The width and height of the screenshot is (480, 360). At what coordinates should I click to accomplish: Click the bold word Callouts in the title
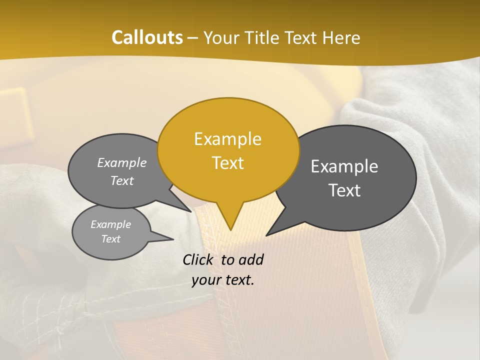147,37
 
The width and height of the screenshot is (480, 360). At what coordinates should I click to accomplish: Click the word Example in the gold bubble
228,139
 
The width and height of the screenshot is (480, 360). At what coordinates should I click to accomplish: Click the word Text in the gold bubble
228,163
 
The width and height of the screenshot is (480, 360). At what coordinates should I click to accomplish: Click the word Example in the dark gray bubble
344,166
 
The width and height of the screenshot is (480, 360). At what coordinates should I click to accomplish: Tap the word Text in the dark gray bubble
344,190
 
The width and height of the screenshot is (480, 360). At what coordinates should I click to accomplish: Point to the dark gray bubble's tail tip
266,235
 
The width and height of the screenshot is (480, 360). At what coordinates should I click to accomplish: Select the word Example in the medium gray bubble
122,162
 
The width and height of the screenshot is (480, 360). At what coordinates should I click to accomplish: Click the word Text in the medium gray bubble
122,181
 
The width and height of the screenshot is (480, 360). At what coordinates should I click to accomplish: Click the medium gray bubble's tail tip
191,211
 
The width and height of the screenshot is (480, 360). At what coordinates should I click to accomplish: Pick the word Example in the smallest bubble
111,224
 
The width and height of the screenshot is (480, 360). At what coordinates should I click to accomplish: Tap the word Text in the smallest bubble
111,239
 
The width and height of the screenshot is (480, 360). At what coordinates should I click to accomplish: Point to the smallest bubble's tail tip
173,239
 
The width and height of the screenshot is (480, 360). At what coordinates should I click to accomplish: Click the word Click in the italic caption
198,259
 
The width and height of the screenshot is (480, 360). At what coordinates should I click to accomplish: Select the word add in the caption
250,259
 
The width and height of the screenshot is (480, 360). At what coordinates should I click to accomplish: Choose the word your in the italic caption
206,280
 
